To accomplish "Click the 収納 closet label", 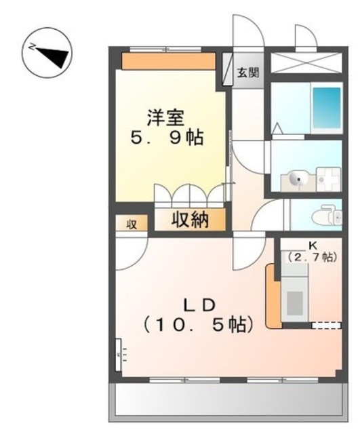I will pyautogui.click(x=189, y=220).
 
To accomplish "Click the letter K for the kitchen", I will pyautogui.click(x=313, y=245).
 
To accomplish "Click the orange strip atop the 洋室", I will pyautogui.click(x=169, y=62).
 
